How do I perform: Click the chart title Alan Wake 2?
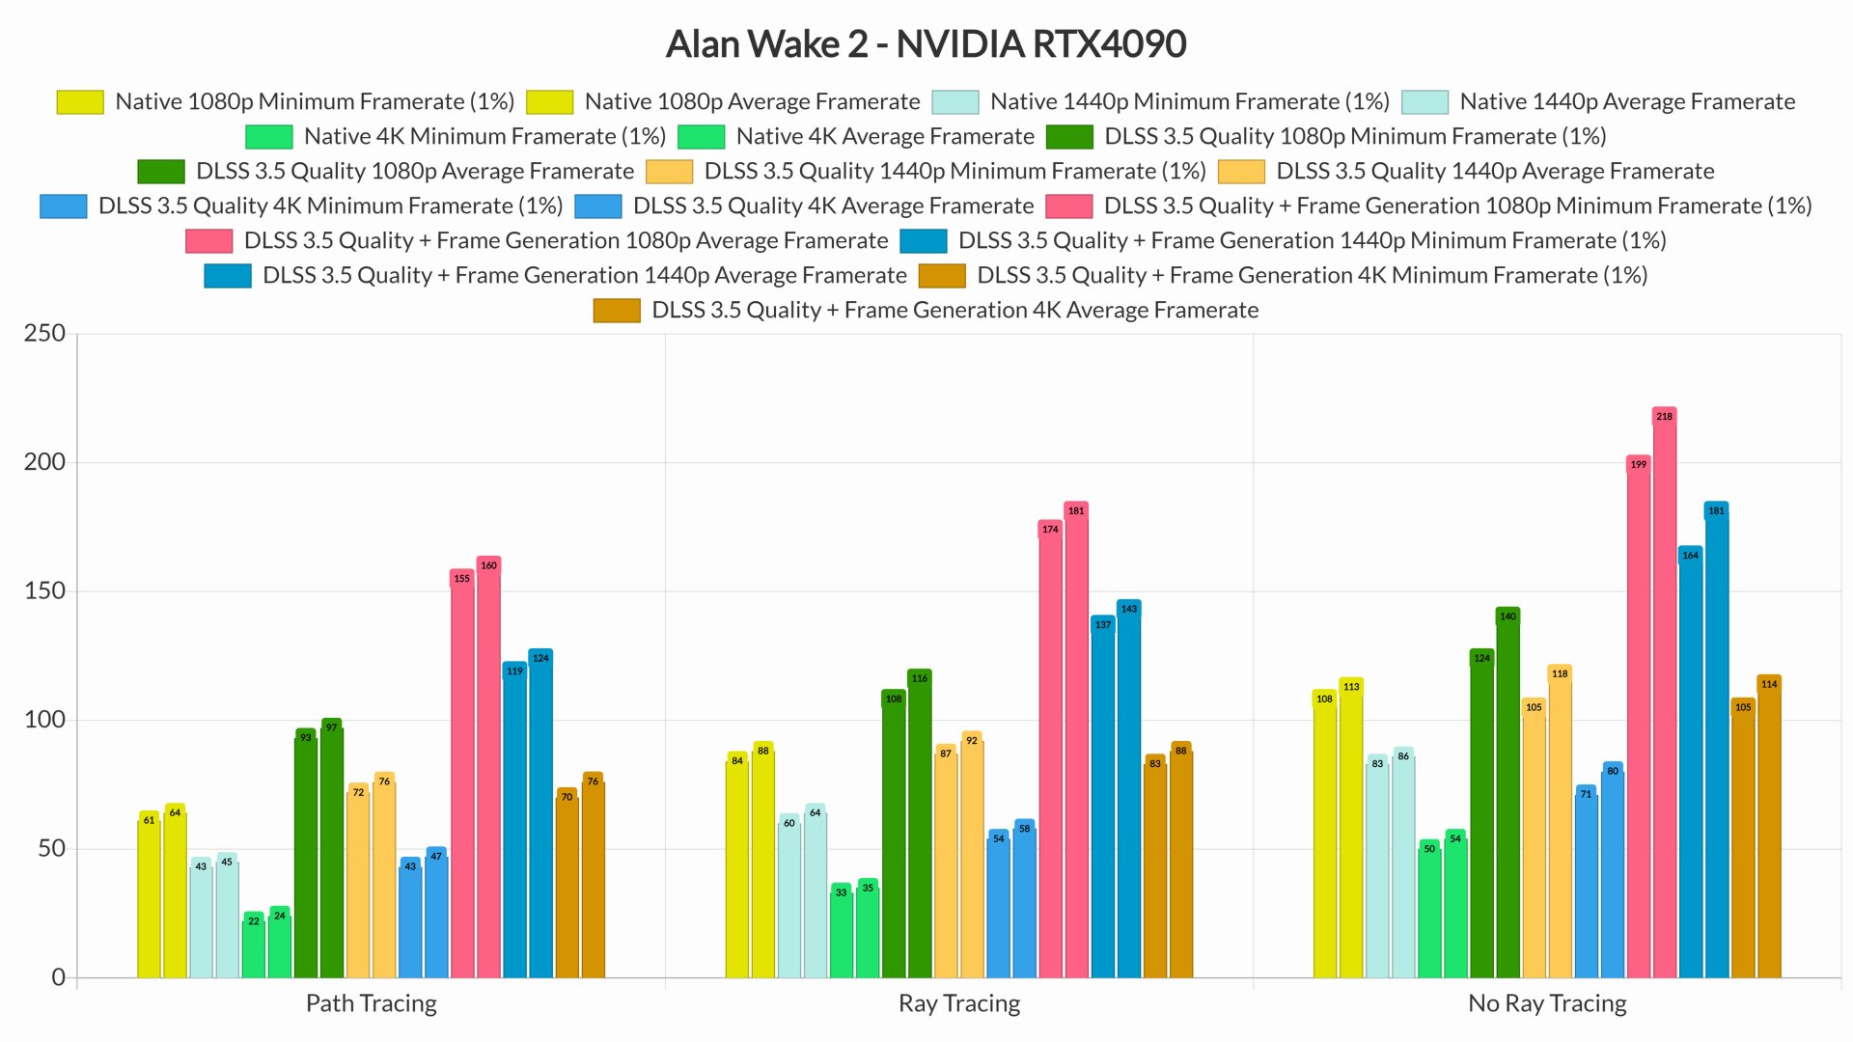(926, 44)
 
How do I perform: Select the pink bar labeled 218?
(1664, 695)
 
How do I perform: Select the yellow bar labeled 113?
(1351, 830)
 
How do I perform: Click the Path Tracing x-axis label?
(371, 1003)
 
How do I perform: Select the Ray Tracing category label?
(958, 1003)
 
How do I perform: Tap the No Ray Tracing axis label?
(1546, 1003)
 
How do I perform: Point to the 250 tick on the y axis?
(44, 334)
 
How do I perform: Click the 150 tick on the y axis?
(44, 591)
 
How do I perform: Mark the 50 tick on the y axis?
(51, 849)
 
